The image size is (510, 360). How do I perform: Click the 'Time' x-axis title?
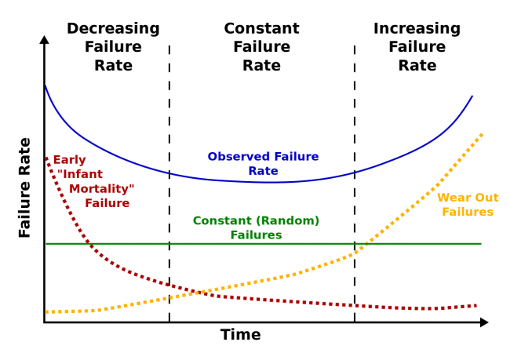240,336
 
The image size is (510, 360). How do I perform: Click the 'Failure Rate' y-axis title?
24,187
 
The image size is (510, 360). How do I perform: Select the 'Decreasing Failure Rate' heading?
113,47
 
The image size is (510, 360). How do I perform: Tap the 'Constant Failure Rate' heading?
261,47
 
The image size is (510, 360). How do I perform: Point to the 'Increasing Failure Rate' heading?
417,47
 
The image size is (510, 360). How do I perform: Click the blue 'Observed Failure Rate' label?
263,163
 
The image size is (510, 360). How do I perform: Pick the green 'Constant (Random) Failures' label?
256,227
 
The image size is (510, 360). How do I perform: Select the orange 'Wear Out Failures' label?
468,205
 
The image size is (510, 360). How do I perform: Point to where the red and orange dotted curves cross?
195,293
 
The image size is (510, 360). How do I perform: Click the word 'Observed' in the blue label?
241,156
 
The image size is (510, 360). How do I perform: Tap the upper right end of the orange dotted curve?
480,135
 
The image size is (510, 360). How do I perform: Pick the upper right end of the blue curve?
472,96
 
